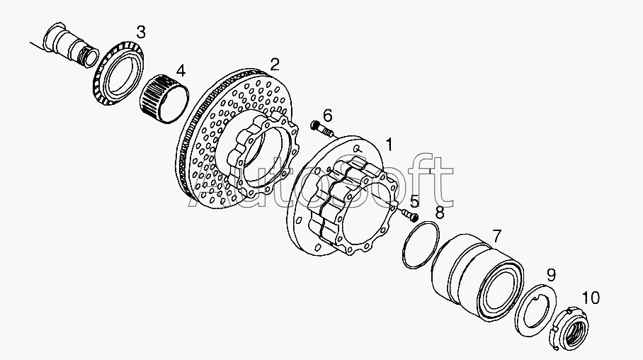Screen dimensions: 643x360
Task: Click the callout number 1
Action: [389, 145]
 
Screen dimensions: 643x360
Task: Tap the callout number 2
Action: [275, 64]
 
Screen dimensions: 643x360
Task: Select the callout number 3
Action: [141, 32]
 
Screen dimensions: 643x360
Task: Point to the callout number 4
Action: [181, 71]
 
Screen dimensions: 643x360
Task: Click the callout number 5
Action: [414, 202]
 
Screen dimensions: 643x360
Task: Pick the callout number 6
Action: [327, 116]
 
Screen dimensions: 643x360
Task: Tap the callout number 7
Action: [496, 236]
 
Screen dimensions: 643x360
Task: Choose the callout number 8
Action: [439, 213]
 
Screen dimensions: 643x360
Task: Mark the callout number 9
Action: [551, 275]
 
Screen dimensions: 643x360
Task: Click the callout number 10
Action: [591, 298]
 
